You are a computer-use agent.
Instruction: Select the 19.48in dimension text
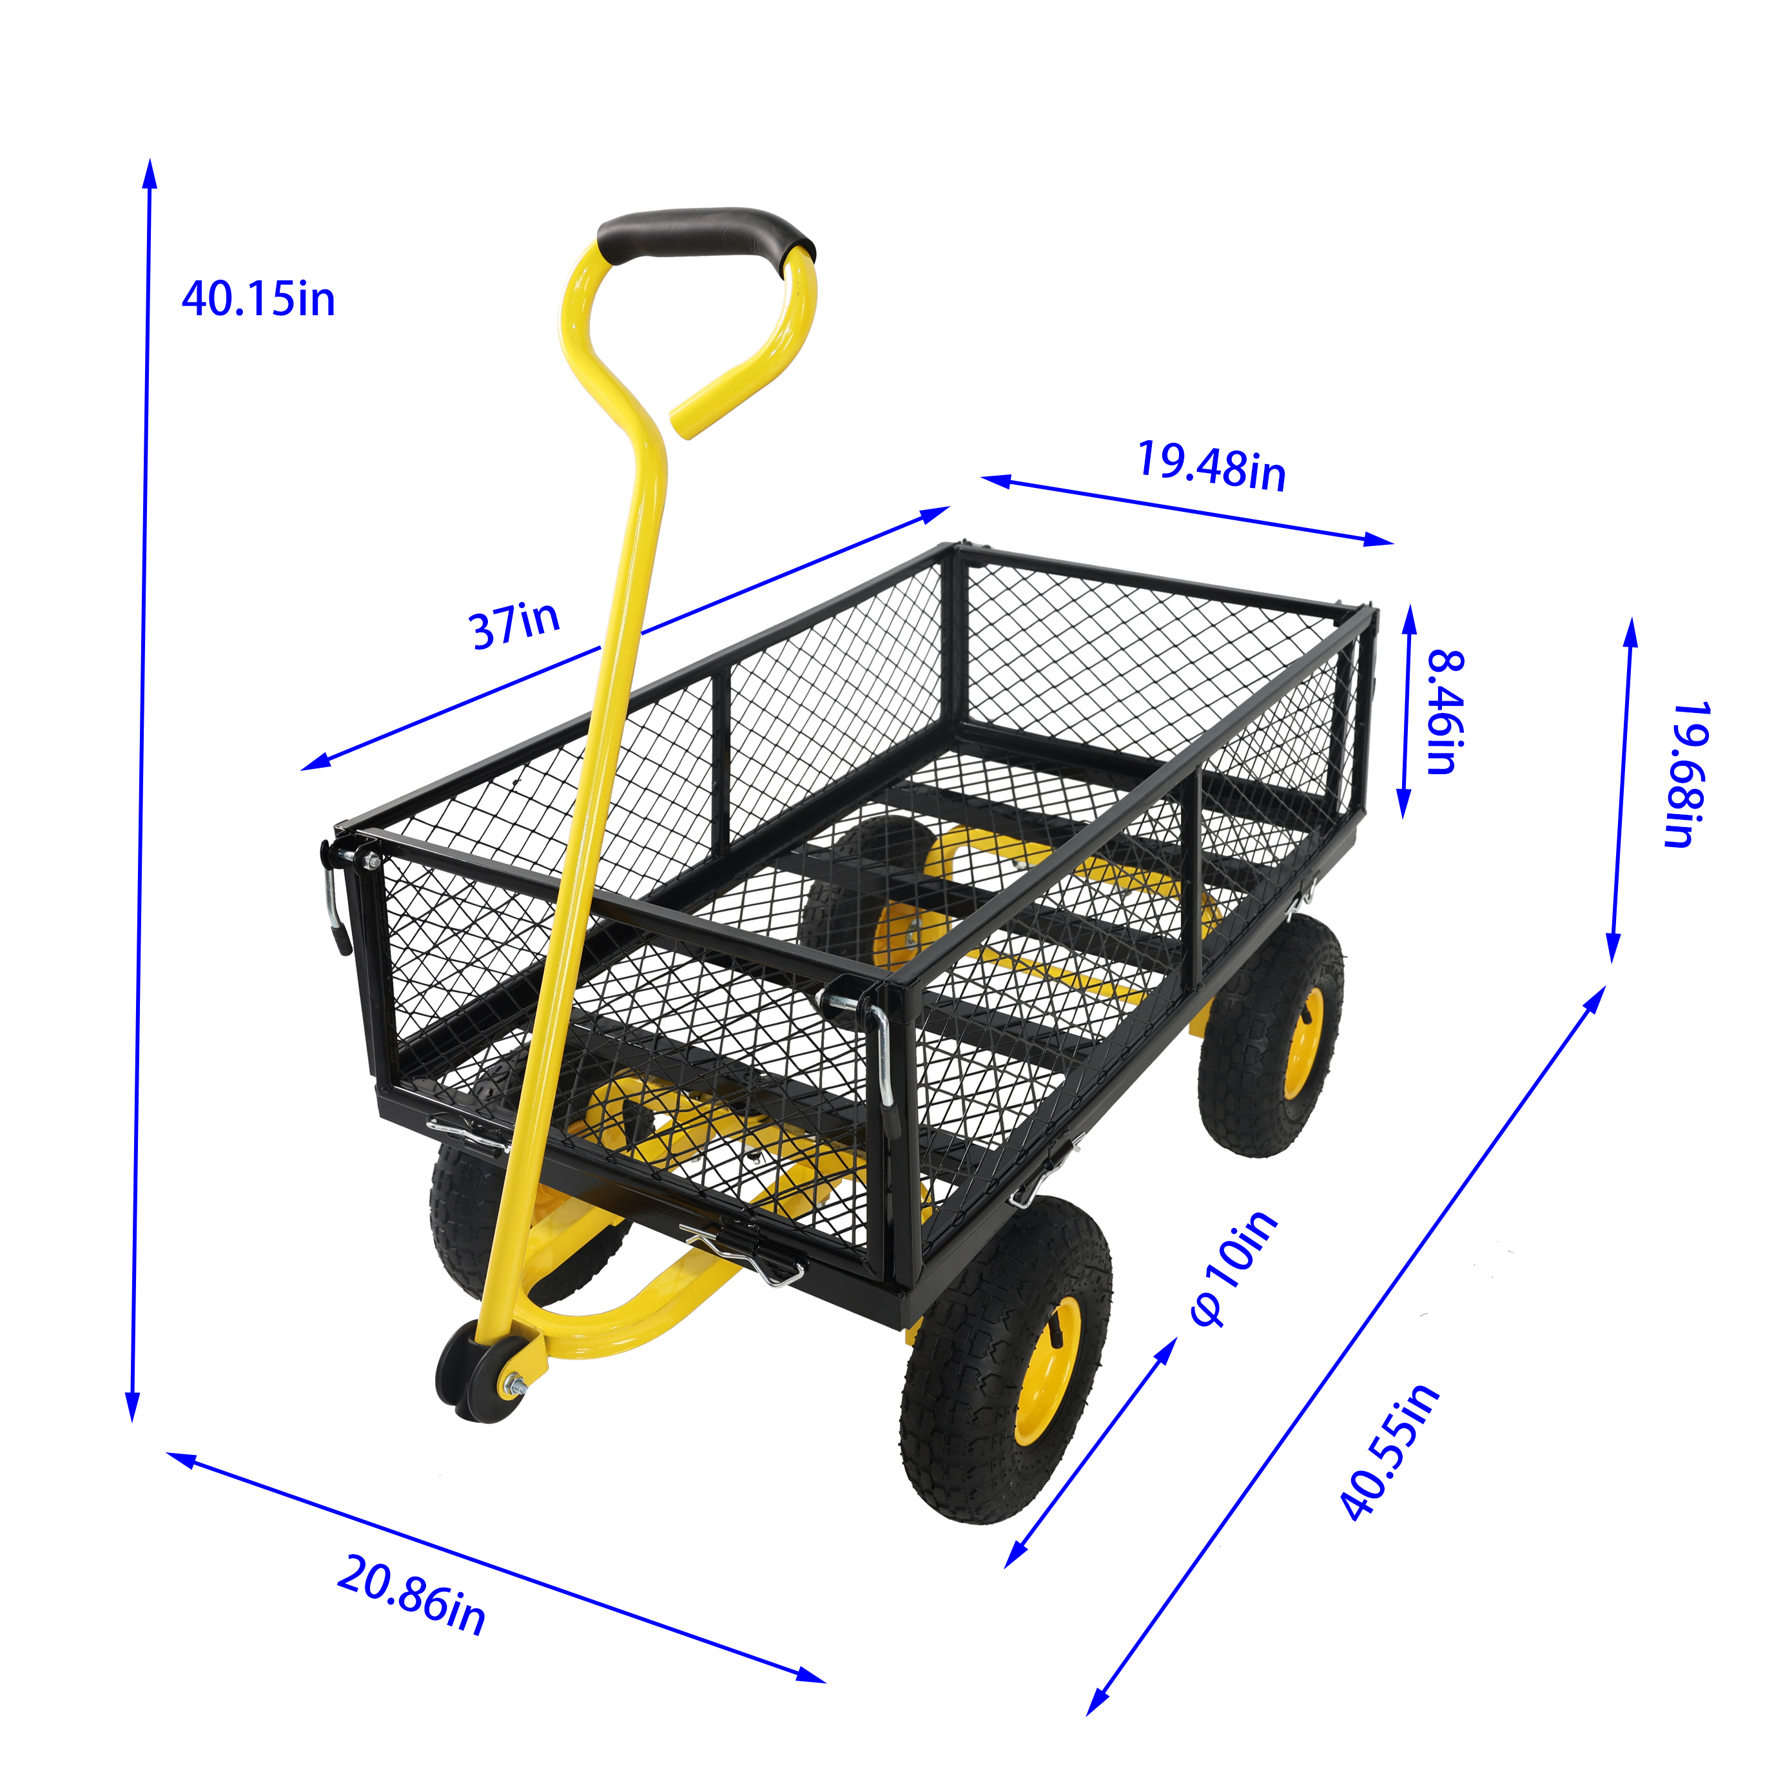1211,467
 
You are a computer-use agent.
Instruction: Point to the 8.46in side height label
1445,712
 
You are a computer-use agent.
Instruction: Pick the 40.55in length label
1389,1452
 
